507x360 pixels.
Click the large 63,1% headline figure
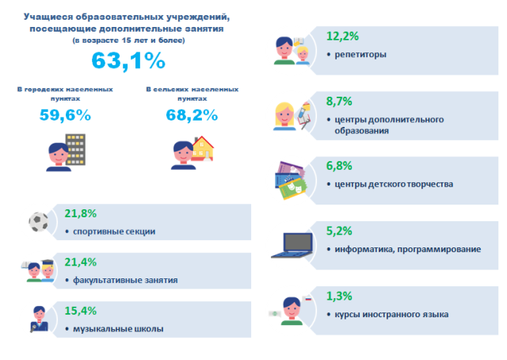coord(128,59)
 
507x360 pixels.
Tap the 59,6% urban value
coord(65,115)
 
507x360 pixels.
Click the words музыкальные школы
coord(118,329)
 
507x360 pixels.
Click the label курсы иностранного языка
coord(391,315)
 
